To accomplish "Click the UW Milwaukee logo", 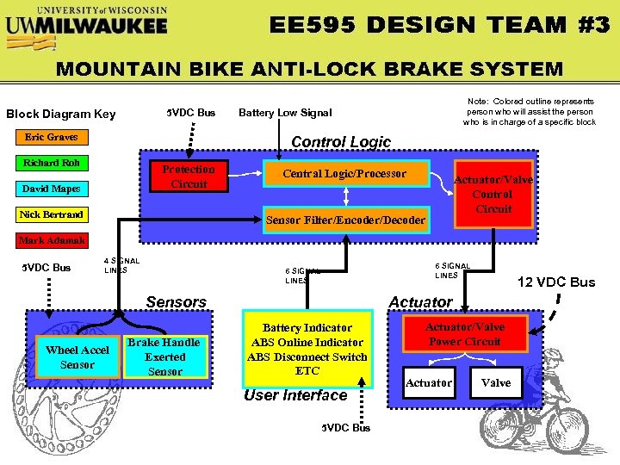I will (x=86, y=21).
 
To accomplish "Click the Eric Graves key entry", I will (x=51, y=137).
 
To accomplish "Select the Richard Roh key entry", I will (x=52, y=163).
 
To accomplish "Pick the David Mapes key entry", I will (x=52, y=189).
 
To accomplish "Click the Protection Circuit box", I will (x=189, y=177).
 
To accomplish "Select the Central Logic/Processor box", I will (x=345, y=174).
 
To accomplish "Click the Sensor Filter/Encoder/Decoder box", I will (x=345, y=220).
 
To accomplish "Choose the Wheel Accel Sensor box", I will (x=77, y=357).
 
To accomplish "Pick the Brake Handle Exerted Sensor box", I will (x=164, y=356).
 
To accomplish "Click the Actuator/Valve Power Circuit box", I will (x=464, y=334).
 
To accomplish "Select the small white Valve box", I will (x=495, y=382).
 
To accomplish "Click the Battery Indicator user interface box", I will (x=307, y=349).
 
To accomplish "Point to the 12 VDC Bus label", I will (x=555, y=282).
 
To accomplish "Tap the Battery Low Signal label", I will (x=285, y=113).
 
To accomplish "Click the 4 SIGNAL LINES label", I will (x=121, y=266).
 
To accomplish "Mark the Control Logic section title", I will (x=341, y=142).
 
